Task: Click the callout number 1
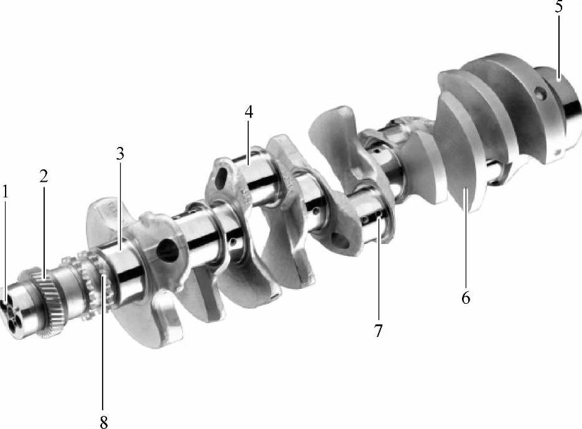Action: pos(5,192)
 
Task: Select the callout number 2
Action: pos(44,176)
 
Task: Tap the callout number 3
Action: pos(119,154)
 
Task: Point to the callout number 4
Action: pos(249,111)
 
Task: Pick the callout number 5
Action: pos(559,6)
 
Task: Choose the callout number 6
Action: pos(466,298)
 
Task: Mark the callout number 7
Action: pos(378,331)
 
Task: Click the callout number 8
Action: pos(104,422)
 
